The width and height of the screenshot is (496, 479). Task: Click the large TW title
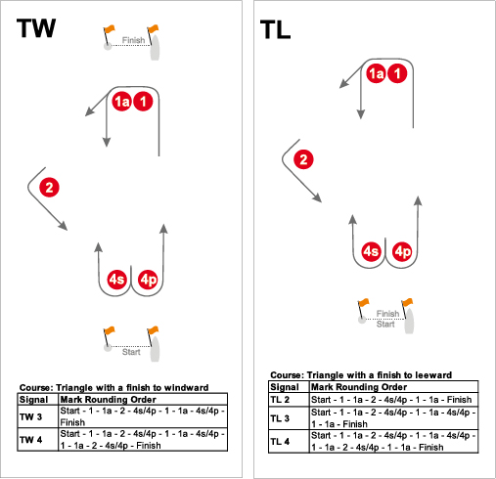click(x=36, y=28)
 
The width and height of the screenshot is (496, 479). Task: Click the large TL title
click(x=275, y=29)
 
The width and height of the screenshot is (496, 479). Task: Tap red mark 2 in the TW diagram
click(x=49, y=188)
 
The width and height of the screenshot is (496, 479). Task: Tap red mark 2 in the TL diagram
click(x=303, y=159)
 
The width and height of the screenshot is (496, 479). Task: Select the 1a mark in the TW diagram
click(x=121, y=102)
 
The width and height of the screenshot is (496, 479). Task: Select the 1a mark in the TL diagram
click(x=376, y=73)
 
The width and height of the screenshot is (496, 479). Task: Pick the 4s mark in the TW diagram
click(x=116, y=280)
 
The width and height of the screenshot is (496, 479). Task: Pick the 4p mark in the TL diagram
click(x=402, y=251)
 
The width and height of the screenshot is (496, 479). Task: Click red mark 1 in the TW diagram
click(x=143, y=102)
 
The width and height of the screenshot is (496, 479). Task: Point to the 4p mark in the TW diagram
click(x=148, y=280)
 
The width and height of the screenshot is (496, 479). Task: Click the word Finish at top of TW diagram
click(x=133, y=40)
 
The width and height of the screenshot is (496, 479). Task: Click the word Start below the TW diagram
click(x=131, y=352)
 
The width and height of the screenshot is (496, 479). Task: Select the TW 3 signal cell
click(x=30, y=416)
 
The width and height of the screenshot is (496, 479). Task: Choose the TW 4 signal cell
click(x=30, y=440)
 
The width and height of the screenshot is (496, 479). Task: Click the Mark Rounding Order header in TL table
click(x=359, y=387)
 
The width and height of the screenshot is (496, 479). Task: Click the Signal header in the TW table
click(x=33, y=400)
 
